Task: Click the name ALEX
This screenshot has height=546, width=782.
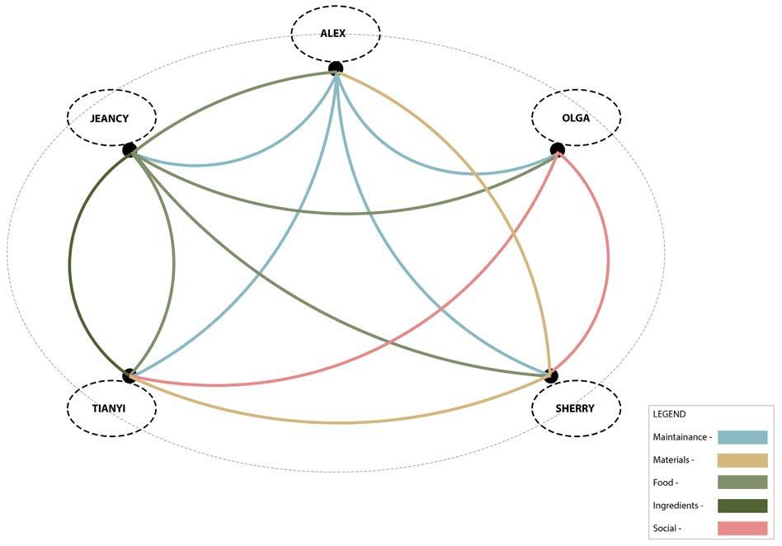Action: [x=333, y=34]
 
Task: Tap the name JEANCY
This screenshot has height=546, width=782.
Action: [x=110, y=118]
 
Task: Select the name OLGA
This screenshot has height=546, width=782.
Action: [x=576, y=118]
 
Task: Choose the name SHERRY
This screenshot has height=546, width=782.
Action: [x=575, y=408]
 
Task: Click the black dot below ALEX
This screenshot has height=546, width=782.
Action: [x=335, y=68]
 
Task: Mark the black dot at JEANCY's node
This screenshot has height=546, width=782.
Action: [x=130, y=149]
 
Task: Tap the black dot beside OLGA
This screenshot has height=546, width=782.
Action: [x=558, y=149]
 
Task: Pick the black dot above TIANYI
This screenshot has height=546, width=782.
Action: [x=130, y=376]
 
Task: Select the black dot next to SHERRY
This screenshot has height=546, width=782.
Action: [x=551, y=376]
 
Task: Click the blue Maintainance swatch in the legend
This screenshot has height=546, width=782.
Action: [x=742, y=437]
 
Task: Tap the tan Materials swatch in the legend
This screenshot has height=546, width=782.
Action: [x=742, y=460]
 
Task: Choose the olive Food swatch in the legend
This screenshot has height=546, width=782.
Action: [x=742, y=482]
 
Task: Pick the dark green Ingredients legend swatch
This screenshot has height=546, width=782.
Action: [x=742, y=506]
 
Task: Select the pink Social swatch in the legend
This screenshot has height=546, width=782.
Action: [x=742, y=528]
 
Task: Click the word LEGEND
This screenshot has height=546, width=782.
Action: [x=669, y=414]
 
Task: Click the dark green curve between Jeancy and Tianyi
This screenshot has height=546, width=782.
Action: [x=69, y=264]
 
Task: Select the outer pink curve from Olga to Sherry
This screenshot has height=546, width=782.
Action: [x=609, y=264]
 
